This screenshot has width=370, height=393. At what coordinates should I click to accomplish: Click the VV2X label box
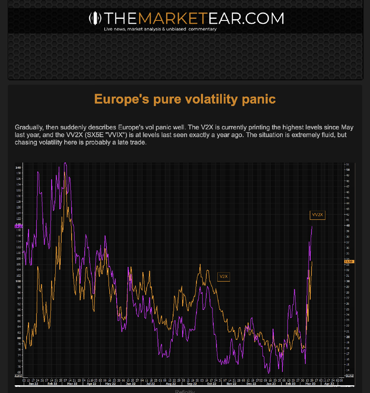(x=318, y=215)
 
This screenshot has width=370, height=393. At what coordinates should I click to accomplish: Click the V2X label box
(x=223, y=276)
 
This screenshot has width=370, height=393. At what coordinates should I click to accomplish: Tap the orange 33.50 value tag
(x=349, y=261)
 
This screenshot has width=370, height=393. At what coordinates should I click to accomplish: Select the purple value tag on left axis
(x=18, y=226)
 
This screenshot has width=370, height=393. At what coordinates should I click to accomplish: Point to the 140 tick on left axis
(x=18, y=167)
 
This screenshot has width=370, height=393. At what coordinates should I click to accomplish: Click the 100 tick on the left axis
(x=18, y=281)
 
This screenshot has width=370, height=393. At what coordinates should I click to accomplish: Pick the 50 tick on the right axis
(x=347, y=169)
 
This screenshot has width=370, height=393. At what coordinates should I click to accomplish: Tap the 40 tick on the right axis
(x=347, y=226)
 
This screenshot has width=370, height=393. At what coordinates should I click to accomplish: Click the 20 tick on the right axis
(x=347, y=337)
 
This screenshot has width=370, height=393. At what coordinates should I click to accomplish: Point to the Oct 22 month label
(x=212, y=384)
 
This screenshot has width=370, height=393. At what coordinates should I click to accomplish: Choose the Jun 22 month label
(x=131, y=384)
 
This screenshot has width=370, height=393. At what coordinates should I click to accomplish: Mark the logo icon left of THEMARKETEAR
(x=95, y=18)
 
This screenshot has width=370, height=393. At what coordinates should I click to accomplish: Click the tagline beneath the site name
(x=160, y=29)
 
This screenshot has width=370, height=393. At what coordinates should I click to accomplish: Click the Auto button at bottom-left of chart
(x=18, y=375)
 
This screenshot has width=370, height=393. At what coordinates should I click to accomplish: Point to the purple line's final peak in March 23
(x=312, y=226)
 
